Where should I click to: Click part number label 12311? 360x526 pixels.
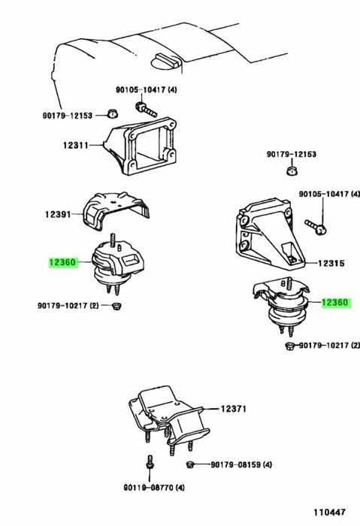pyautogui.click(x=75, y=145)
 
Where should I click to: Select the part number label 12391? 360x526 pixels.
pyautogui.click(x=58, y=214)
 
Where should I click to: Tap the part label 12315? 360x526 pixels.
pyautogui.click(x=331, y=263)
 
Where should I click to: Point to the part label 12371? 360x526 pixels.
pyautogui.click(x=234, y=409)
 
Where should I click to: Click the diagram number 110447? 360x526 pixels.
pyautogui.click(x=329, y=512)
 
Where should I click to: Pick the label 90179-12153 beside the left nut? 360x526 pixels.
pyautogui.click(x=67, y=116)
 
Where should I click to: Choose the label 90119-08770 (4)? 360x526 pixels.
pyautogui.click(x=154, y=488)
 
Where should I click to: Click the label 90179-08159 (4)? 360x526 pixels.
pyautogui.click(x=241, y=464)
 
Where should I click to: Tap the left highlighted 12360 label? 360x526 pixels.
pyautogui.click(x=63, y=262)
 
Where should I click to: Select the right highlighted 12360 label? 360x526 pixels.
pyautogui.click(x=336, y=303)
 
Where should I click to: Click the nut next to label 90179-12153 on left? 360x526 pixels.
pyautogui.click(x=113, y=113)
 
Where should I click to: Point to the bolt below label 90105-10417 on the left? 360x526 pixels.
pyautogui.click(x=146, y=109)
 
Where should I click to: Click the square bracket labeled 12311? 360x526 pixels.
pyautogui.click(x=141, y=146)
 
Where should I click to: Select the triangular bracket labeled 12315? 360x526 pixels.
pyautogui.click(x=268, y=234)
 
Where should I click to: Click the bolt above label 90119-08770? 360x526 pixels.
pyautogui.click(x=150, y=463)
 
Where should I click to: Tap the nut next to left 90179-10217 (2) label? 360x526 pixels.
pyautogui.click(x=116, y=306)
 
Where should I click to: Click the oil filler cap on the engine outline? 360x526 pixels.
pyautogui.click(x=166, y=61)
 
